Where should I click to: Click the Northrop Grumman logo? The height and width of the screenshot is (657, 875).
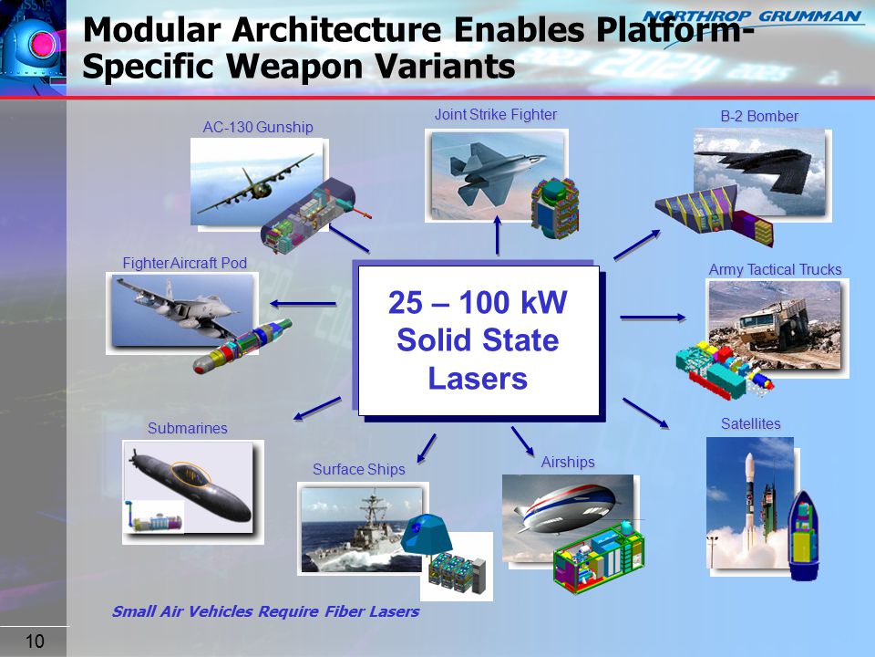pyautogui.click(x=751, y=16)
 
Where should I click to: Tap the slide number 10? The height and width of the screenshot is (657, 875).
pyautogui.click(x=35, y=641)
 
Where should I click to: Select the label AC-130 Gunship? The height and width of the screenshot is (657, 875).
pyautogui.click(x=258, y=128)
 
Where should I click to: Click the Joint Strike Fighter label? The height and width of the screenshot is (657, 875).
pyautogui.click(x=496, y=115)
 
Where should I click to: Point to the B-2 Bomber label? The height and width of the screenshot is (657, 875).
pyautogui.click(x=759, y=116)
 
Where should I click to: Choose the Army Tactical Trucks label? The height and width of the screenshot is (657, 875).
pyautogui.click(x=775, y=269)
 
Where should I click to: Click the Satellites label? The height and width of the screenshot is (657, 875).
pyautogui.click(x=750, y=423)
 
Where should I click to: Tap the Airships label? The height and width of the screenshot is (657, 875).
pyautogui.click(x=568, y=462)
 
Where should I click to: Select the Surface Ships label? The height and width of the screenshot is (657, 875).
pyautogui.click(x=359, y=469)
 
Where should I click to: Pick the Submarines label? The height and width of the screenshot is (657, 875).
pyautogui.click(x=188, y=428)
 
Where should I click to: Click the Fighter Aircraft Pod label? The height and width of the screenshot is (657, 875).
pyautogui.click(x=185, y=263)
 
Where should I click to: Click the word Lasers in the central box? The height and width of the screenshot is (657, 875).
pyautogui.click(x=478, y=378)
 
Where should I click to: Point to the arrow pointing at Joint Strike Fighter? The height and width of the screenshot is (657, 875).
pyautogui.click(x=498, y=235)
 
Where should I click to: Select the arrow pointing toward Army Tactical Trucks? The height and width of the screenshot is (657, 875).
pyautogui.click(x=653, y=318)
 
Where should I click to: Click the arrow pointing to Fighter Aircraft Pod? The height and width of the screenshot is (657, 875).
pyautogui.click(x=303, y=304)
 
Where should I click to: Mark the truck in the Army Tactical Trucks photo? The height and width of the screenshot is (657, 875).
pyautogui.click(x=773, y=327)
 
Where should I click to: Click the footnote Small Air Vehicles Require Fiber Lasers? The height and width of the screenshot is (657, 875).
pyautogui.click(x=265, y=611)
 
